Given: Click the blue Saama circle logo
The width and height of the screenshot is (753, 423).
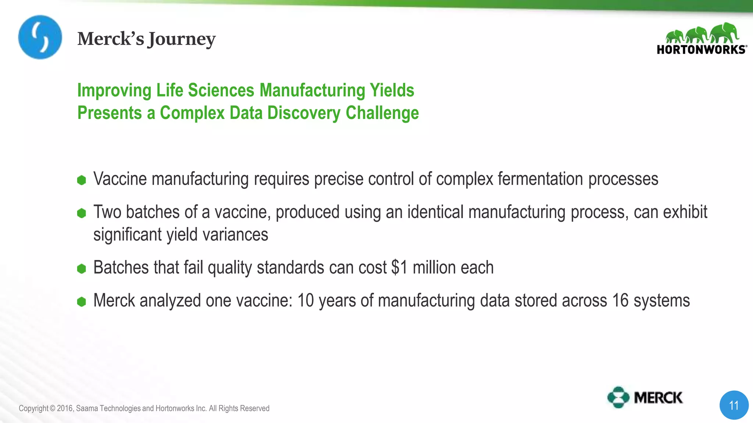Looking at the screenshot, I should coord(40,37).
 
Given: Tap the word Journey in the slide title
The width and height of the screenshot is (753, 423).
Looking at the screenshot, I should coord(181,39).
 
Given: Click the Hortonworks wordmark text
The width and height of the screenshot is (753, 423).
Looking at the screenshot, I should coord(701,50).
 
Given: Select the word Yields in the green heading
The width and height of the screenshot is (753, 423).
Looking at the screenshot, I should coord(392,90).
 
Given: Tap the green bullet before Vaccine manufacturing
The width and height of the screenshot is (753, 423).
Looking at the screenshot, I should coord(82,180).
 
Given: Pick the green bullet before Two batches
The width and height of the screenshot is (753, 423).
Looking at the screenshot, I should coord(82,213).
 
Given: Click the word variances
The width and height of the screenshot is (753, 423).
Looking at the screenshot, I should coord(235,234).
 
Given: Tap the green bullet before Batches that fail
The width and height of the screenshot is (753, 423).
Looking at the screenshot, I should coord(82,268).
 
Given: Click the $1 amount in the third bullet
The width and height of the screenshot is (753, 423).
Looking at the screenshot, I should coord(399,267).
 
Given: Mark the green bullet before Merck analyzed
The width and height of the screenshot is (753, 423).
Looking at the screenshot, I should coord(82,302).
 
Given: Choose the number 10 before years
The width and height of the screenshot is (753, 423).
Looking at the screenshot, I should coord(306,300).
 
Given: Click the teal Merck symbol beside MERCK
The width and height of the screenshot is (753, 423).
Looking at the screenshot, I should coord(618,397).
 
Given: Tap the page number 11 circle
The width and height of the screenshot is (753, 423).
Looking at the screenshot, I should coord(734,405).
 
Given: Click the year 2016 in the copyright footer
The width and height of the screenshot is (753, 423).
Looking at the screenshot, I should coord(65,408).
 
